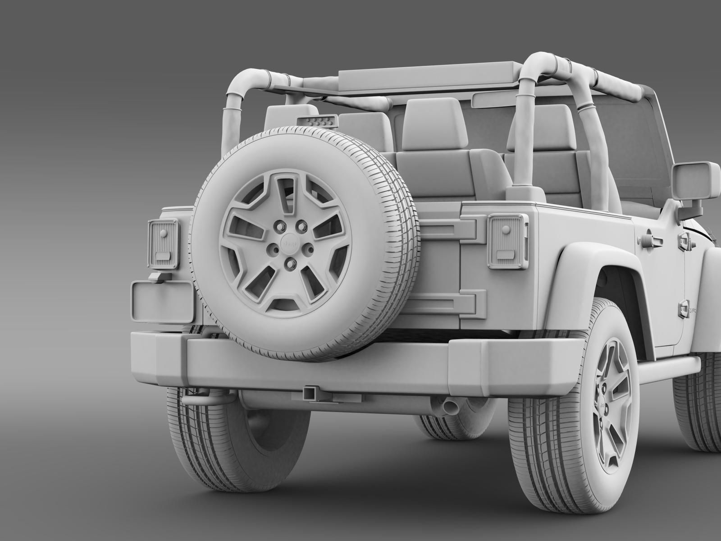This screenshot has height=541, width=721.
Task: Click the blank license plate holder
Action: [161, 301]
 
